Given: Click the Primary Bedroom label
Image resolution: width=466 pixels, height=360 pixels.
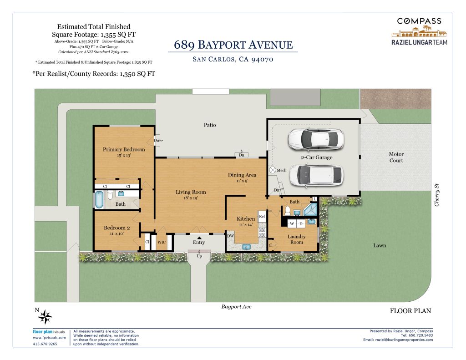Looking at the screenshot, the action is tap(124, 150).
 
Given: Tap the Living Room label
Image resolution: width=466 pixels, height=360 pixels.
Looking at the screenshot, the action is tap(191, 192).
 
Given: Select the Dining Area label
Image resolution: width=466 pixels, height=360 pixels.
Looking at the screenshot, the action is tap(242, 175).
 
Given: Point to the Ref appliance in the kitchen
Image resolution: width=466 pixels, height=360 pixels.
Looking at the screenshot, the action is tap(262, 217).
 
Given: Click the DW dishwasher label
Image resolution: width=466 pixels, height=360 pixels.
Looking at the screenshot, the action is tap(231, 236).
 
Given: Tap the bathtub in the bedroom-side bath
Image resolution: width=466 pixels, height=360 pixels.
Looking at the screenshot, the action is tap(99, 200).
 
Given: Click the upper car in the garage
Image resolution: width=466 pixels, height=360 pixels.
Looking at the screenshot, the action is tap(316, 139).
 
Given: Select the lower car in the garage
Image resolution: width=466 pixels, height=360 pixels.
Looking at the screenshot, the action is tap(316, 175).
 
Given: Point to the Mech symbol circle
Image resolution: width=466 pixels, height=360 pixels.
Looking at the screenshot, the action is tap(273, 170).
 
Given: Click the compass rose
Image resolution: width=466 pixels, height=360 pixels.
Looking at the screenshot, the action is tap(45, 317).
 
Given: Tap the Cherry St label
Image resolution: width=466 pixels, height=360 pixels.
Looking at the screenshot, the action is tap(436, 195).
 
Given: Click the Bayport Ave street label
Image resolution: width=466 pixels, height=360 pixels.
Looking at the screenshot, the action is tap(236, 307).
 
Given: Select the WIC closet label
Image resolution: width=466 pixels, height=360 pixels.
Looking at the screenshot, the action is tap(162, 242).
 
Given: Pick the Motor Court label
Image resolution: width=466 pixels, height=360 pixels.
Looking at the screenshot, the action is tap(396, 157).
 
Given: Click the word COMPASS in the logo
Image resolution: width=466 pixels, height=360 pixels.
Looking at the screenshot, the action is tap(419, 21).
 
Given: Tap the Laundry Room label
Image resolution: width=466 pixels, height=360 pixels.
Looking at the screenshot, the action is tap(297, 239).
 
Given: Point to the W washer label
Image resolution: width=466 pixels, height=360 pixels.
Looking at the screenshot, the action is tap(292, 224).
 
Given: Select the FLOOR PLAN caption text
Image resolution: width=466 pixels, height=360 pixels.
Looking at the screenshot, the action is tap(410, 311).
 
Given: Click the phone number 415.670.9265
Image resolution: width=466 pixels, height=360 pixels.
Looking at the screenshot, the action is tap(45, 344).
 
